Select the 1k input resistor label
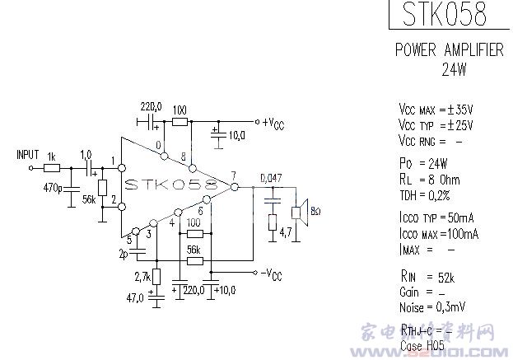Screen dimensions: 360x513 point(52,157)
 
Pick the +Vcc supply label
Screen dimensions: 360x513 point(275,124)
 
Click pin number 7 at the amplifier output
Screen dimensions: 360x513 point(234,175)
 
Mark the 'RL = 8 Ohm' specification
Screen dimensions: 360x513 point(429,179)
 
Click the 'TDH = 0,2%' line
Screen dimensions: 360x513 point(426,194)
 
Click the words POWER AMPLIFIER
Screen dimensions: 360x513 point(449,50)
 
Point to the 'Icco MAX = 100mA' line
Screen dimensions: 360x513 point(438,233)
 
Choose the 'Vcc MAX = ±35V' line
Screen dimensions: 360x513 point(436,110)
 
